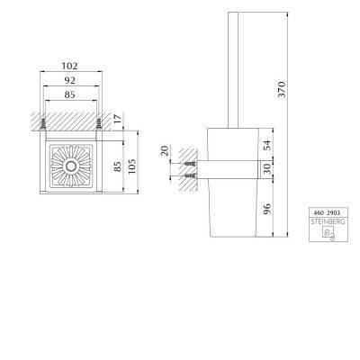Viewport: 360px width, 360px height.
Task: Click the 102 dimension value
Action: [x=69, y=66]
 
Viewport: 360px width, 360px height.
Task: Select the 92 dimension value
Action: [x=69, y=80]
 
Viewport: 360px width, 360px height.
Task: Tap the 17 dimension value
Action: [x=118, y=119]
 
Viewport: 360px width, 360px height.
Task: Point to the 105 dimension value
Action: [x=131, y=166]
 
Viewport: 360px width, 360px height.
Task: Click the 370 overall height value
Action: [x=282, y=89]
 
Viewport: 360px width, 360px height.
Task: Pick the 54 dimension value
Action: [x=267, y=145]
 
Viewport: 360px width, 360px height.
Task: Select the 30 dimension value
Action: [x=267, y=168]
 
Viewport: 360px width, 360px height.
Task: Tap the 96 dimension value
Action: [x=267, y=209]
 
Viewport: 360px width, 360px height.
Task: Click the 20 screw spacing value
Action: [x=165, y=150]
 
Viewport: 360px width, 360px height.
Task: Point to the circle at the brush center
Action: [x=71, y=166]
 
